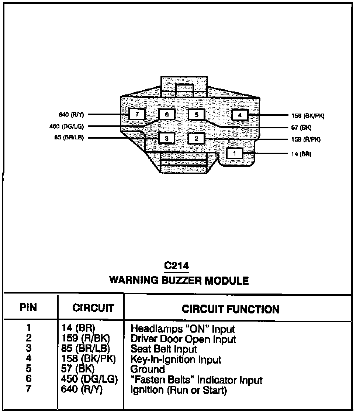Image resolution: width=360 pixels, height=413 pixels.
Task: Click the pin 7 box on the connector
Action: coord(137,114)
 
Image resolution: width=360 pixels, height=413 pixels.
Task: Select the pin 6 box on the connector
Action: coord(167,115)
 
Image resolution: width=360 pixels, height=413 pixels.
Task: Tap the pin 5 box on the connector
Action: coord(196,115)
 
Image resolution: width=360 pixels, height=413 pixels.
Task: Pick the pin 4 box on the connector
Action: coord(240,115)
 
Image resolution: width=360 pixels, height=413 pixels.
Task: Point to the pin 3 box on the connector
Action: coord(167,139)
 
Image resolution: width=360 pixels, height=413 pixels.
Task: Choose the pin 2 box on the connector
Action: coord(196,139)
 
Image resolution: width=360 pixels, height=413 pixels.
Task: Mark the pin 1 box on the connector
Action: coord(235,153)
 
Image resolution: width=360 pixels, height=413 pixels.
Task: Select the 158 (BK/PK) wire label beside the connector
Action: coord(308,116)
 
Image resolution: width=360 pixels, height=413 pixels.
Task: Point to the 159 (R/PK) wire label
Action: coord(305,140)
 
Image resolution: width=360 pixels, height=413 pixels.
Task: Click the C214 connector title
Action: coord(177,266)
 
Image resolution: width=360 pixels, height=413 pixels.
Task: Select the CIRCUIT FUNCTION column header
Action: coord(231,309)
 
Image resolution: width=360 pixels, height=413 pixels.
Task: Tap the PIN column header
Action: coord(28,308)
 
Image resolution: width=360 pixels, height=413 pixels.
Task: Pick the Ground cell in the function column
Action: coord(148,369)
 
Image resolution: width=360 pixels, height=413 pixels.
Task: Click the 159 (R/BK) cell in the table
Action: coord(84,338)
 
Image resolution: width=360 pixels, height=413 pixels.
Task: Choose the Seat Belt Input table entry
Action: coord(164,348)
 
